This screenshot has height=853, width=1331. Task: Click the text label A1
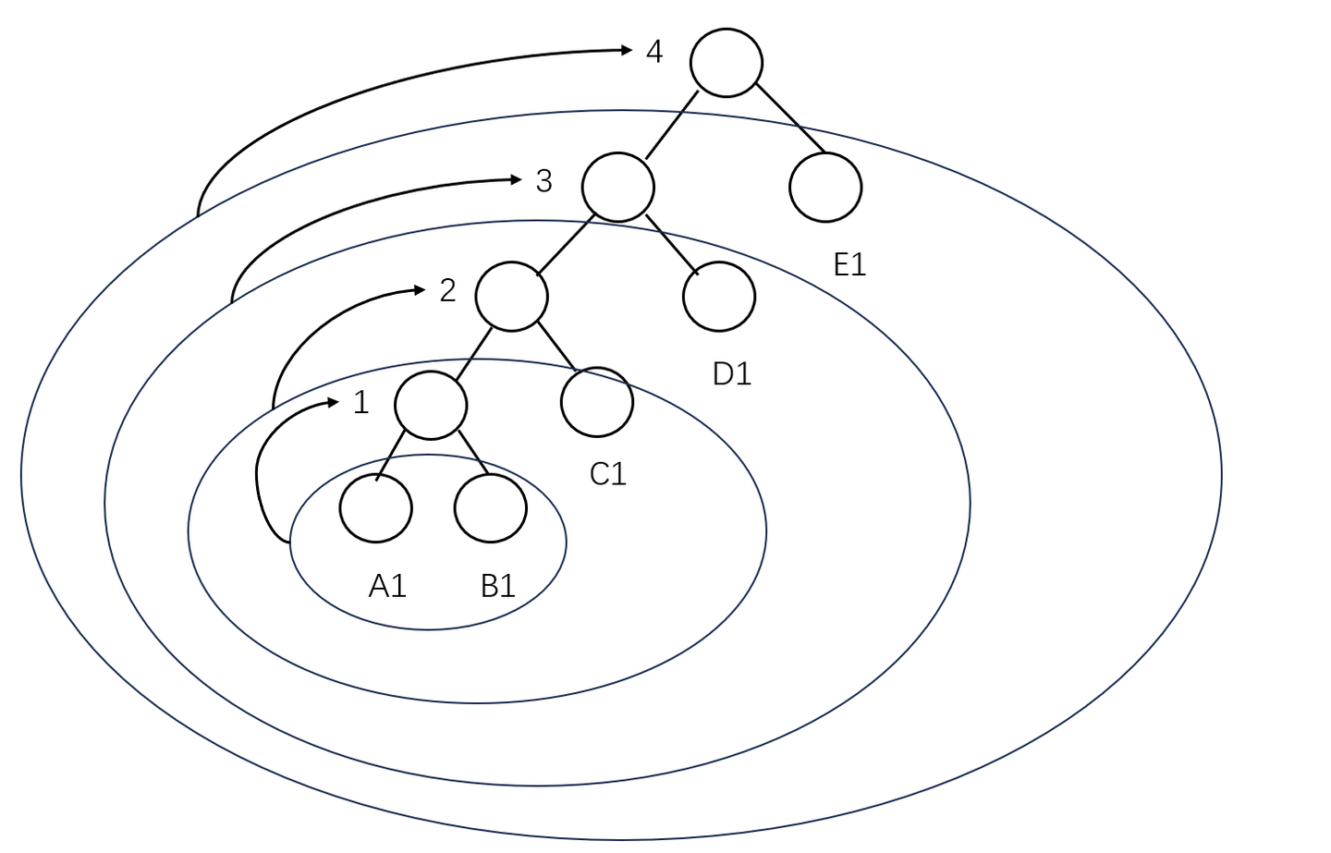click(387, 586)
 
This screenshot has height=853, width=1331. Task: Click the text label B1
click(498, 586)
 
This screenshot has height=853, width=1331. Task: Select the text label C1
click(608, 474)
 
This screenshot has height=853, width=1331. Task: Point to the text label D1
click(732, 374)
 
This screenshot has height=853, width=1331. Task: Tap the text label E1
click(849, 264)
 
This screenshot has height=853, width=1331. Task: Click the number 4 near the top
click(654, 51)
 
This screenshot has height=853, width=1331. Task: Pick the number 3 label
click(543, 180)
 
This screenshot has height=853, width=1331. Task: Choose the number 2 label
click(447, 290)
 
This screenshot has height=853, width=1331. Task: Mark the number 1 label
click(361, 402)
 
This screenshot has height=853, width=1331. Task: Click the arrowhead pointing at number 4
click(627, 50)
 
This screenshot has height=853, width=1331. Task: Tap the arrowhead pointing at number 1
click(333, 402)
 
